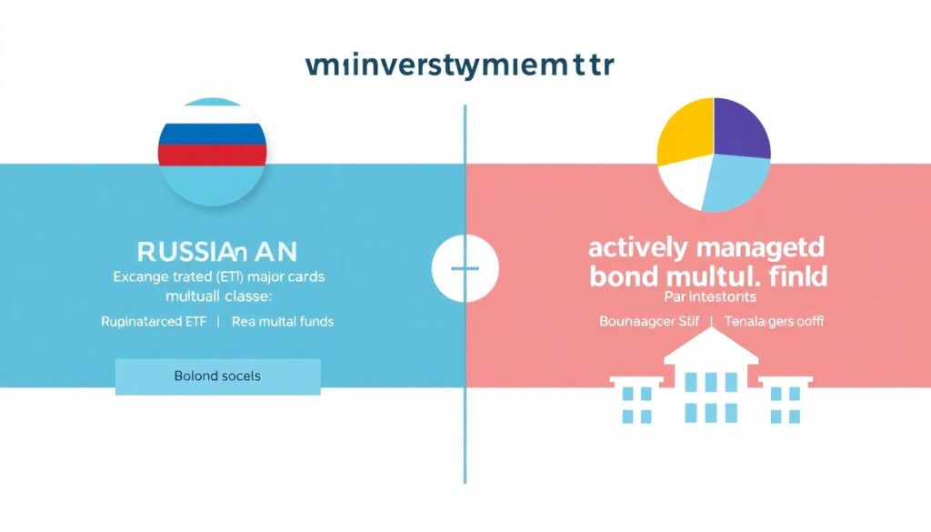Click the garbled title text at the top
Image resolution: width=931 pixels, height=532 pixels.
click(460, 67)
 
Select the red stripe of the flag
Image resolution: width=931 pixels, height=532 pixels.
click(213, 155)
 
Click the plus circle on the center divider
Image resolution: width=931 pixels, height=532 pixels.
click(465, 269)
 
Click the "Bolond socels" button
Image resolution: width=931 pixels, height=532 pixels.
click(217, 376)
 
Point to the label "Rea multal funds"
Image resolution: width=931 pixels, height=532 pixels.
click(282, 321)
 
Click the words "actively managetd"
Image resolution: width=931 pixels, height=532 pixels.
click(708, 247)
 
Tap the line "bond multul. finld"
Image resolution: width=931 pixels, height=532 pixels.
click(708, 275)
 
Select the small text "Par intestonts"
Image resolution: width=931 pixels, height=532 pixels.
click(707, 297)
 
